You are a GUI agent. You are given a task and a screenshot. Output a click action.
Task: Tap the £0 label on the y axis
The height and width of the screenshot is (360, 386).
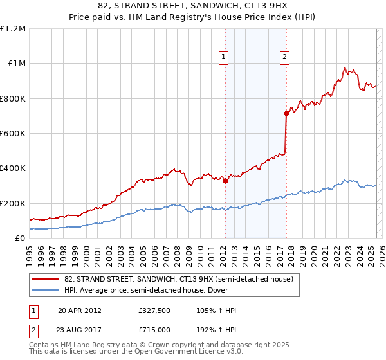pos(20,239)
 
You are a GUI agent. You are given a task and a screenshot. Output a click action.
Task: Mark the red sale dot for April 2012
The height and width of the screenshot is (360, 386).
pos(226,181)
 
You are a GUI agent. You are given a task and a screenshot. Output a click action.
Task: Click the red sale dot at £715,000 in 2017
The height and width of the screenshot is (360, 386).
pos(286,113)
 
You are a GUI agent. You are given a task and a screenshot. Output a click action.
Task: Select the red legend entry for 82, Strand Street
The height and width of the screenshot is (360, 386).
pos(179,279)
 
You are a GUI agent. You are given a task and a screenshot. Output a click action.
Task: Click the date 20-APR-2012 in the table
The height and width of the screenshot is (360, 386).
pos(80,310)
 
